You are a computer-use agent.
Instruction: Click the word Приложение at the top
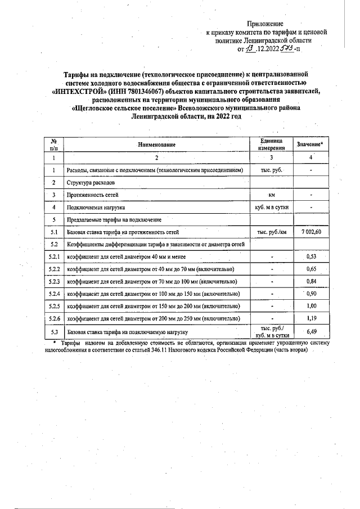[x=267, y=24]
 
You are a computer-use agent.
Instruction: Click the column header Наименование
[x=157, y=145]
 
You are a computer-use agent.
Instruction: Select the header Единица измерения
[x=272, y=145]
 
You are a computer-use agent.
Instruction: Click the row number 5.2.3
[x=54, y=281]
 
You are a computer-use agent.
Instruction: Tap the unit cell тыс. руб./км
[x=272, y=232]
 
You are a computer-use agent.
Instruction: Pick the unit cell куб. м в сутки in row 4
[x=272, y=207]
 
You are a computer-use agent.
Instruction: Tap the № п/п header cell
[x=54, y=145]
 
